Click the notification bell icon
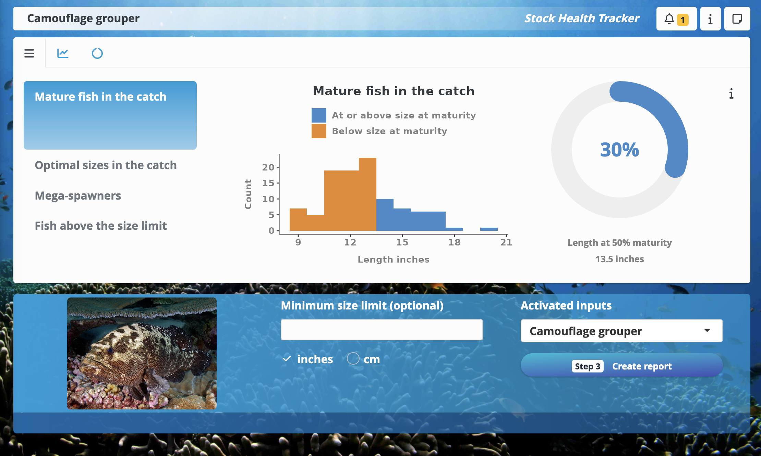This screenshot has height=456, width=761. (x=669, y=19)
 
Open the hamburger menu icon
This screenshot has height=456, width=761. (x=29, y=53)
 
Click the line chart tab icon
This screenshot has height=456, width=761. (x=63, y=53)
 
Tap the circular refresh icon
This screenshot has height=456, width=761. (x=97, y=53)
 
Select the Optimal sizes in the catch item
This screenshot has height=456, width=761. (x=106, y=165)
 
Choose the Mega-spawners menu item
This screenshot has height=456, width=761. (x=78, y=196)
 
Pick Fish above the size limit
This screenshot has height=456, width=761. (x=101, y=226)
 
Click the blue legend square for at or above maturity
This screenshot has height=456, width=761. (x=319, y=115)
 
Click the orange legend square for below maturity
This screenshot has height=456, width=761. (x=319, y=131)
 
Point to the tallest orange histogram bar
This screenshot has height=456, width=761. (x=367, y=194)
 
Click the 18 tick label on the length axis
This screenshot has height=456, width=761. (x=455, y=242)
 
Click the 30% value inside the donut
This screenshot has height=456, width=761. (x=620, y=150)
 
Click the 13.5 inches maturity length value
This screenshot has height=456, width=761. (x=620, y=259)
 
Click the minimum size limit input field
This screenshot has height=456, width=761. (x=382, y=330)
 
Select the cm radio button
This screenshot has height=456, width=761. (x=353, y=359)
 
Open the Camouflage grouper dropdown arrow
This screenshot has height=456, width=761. (x=707, y=330)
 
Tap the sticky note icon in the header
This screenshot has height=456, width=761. (x=737, y=19)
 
